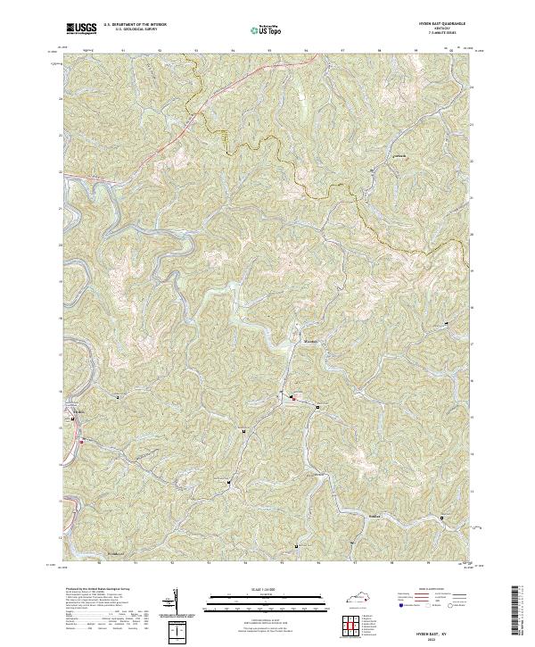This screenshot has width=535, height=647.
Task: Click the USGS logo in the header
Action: tap(79, 29)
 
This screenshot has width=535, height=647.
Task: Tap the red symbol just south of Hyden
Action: tap(81, 440)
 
